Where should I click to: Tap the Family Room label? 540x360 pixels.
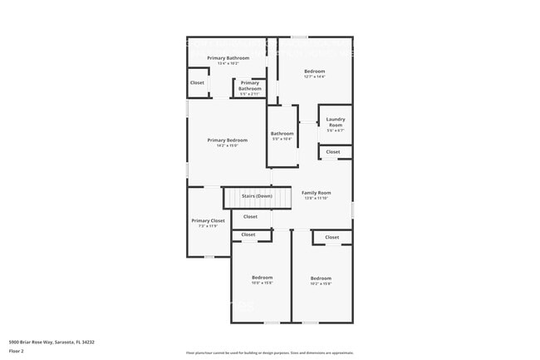317,192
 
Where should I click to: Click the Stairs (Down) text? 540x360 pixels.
257,196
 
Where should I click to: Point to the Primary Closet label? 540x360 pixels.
208,220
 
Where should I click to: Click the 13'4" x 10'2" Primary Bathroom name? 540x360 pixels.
228,57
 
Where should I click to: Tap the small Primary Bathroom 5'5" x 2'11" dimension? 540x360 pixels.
250,94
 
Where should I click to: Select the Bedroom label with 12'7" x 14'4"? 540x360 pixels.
314,72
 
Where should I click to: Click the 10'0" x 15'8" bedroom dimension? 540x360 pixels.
263,284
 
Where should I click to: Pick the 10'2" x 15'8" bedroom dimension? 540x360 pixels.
321,284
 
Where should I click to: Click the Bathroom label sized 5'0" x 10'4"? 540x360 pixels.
282,133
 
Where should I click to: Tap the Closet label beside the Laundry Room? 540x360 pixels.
332,152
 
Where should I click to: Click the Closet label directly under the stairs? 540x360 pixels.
250,216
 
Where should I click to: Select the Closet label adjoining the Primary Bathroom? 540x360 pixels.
197,83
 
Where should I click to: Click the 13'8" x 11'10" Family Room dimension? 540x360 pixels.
317,198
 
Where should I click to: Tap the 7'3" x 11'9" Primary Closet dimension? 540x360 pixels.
208,226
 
